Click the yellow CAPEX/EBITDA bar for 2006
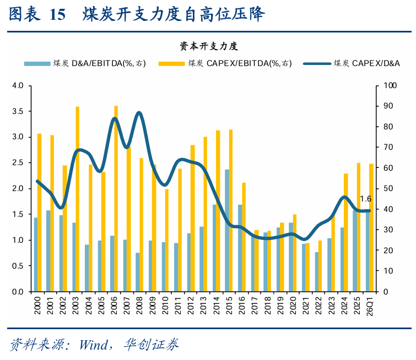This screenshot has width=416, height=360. click(x=116, y=199)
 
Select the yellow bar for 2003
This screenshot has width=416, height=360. click(x=78, y=199)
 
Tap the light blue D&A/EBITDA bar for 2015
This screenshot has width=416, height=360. click(x=227, y=231)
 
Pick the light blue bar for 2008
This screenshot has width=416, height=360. click(x=137, y=272)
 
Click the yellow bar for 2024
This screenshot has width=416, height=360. click(x=346, y=232)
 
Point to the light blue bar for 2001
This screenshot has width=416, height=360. click(x=48, y=251)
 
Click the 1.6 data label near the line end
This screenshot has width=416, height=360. click(x=366, y=199)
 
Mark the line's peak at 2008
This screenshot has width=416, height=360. click(x=139, y=113)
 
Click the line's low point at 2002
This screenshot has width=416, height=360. click(x=61, y=208)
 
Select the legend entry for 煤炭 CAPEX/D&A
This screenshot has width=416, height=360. click(x=352, y=63)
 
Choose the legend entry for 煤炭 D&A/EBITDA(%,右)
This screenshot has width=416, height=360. click(x=85, y=63)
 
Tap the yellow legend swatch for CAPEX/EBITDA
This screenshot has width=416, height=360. click(x=171, y=64)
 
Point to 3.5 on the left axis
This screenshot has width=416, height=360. click(x=18, y=111)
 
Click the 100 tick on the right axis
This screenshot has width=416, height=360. click(x=390, y=85)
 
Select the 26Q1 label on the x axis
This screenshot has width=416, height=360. click(x=370, y=306)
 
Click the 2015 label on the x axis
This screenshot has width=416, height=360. click(x=229, y=306)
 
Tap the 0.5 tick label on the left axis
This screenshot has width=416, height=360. click(x=18, y=266)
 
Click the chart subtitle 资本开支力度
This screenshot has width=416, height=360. click(x=209, y=46)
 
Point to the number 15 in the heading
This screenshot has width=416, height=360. click(x=57, y=14)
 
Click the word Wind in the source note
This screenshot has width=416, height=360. click(x=94, y=345)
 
